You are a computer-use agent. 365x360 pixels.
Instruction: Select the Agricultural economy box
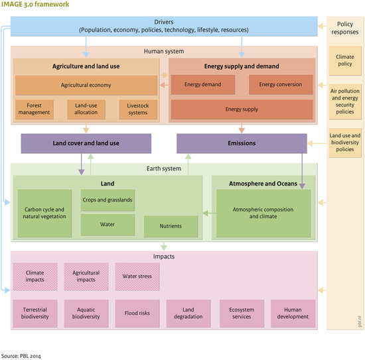pyautogui.click(x=86, y=86)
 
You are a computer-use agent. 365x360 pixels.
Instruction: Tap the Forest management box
pyautogui.click(x=34, y=109)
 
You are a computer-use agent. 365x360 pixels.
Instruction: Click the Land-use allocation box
pyautogui.click(x=86, y=109)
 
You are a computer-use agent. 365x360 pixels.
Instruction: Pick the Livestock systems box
pyautogui.click(x=138, y=109)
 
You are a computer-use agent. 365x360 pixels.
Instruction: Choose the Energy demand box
pyautogui.click(x=203, y=85)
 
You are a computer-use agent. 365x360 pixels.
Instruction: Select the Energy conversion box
pyautogui.click(x=279, y=85)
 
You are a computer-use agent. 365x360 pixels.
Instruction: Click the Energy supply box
pyautogui.click(x=242, y=109)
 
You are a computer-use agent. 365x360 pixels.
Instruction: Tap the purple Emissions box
pyautogui.click(x=242, y=144)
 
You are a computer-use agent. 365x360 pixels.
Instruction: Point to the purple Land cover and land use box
pyautogui.click(x=86, y=144)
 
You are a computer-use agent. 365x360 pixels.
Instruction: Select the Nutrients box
pyautogui.click(x=172, y=226)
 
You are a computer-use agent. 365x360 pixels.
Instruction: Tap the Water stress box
pyautogui.click(x=138, y=273)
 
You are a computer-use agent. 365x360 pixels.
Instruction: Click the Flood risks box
pyautogui.click(x=138, y=313)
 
